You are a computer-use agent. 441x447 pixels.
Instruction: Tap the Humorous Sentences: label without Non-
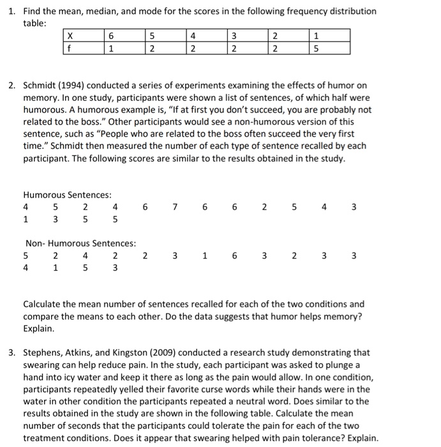click(x=67, y=195)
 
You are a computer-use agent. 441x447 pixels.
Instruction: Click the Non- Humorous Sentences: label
click(x=80, y=243)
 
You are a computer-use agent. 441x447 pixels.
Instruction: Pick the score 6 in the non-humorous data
click(x=234, y=255)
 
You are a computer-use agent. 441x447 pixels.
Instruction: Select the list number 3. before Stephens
click(x=13, y=352)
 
